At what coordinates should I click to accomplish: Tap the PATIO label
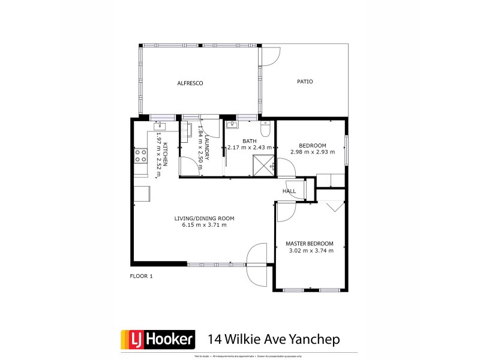(305, 82)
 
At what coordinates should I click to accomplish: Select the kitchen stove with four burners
(140, 156)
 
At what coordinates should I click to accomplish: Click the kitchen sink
(160, 125)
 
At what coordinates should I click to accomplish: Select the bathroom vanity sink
(233, 125)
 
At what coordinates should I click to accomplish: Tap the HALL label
(289, 191)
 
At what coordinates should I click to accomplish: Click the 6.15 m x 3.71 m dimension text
(204, 226)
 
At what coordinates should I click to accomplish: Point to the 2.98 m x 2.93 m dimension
(312, 152)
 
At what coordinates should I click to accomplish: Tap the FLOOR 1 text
(142, 276)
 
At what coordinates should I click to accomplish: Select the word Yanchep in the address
(316, 339)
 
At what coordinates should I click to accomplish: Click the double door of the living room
(257, 264)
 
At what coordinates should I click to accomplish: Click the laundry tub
(185, 131)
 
